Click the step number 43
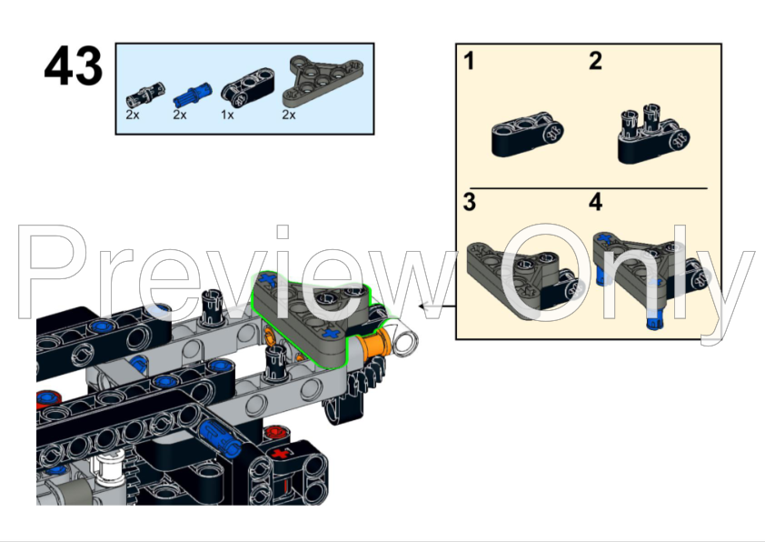(73, 67)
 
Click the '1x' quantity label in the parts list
(226, 115)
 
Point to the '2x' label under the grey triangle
(289, 115)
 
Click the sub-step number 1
(469, 62)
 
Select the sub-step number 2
(595, 62)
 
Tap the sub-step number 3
(469, 202)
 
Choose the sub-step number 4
(595, 202)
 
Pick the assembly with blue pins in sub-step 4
(647, 273)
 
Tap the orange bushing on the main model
(375, 346)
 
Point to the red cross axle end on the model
(280, 452)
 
